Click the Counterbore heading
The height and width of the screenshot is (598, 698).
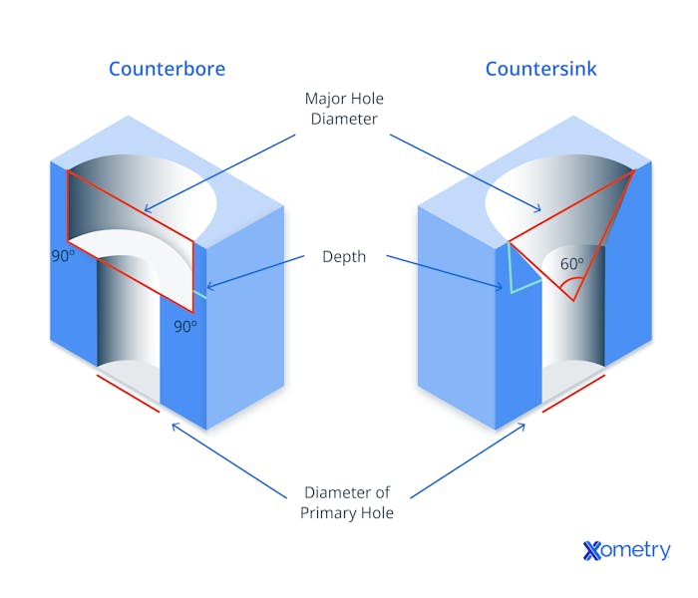point(167,69)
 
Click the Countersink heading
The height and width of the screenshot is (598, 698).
point(540,69)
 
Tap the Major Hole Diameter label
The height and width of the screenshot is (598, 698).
point(344,109)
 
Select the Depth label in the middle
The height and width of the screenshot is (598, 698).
point(344,257)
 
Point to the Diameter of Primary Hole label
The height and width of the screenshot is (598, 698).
point(347,502)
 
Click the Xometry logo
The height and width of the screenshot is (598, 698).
point(626,550)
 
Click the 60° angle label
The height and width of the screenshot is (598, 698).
point(571,264)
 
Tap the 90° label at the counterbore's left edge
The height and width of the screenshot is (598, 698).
point(63,256)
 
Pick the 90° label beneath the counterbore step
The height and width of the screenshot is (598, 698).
point(185,327)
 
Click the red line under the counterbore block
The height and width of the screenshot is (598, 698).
point(129,394)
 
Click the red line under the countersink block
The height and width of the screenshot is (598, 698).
point(573,394)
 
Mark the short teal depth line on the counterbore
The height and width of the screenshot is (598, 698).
point(200,295)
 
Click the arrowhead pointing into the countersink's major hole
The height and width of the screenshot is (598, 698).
point(538,208)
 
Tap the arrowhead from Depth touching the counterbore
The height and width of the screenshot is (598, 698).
point(210,287)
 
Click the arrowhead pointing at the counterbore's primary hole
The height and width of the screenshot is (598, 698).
point(174,427)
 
